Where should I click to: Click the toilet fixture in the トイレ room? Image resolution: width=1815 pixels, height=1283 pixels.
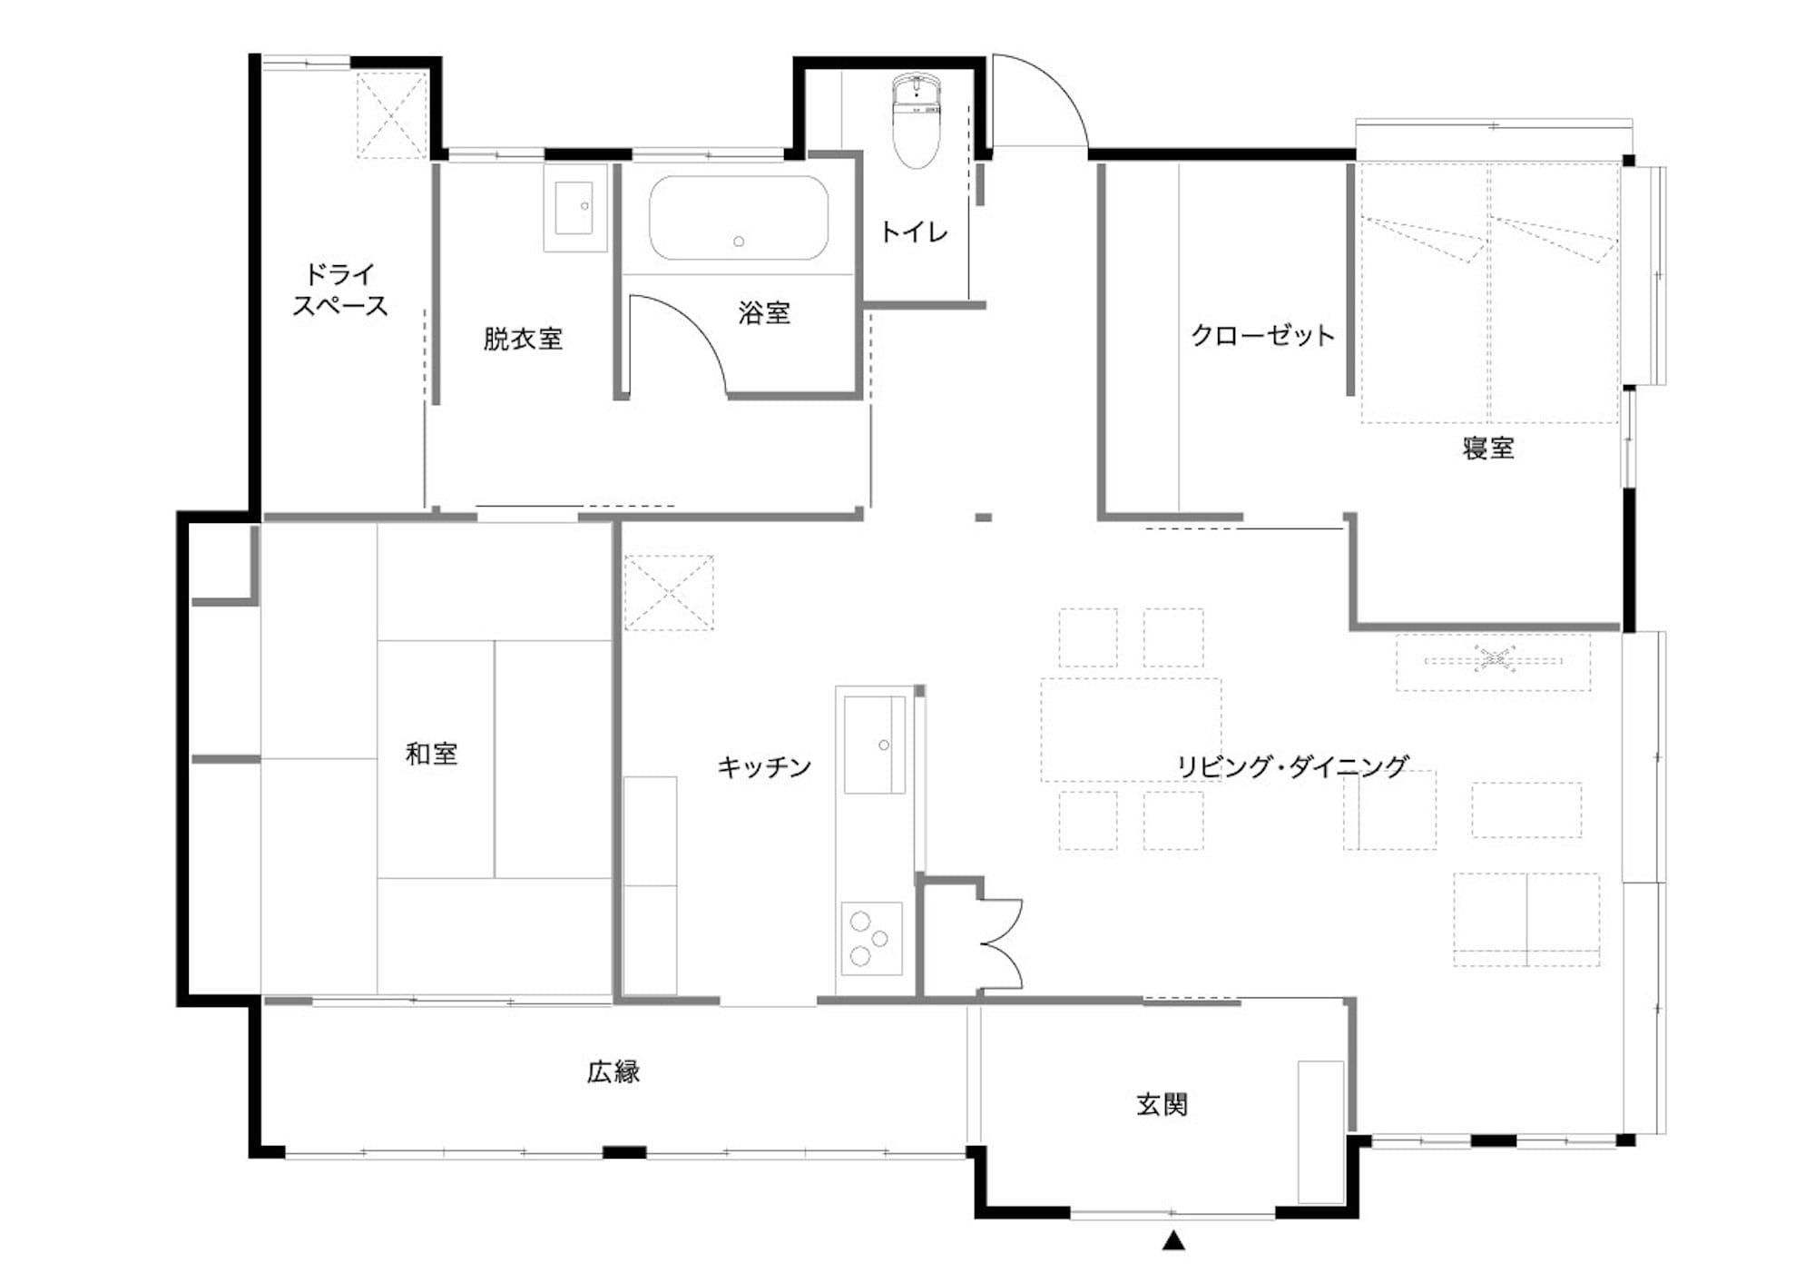917,121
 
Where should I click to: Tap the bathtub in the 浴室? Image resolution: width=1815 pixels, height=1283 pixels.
739,218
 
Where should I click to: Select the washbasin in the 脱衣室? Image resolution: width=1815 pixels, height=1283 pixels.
574,208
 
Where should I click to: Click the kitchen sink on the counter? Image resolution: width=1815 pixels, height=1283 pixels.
875,745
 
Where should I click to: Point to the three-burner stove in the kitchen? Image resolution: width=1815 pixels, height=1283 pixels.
871,938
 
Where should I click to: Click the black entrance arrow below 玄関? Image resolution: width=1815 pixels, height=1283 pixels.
1173,1239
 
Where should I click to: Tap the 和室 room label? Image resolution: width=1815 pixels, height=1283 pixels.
431,754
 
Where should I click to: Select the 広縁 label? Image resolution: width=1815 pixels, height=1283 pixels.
613,1071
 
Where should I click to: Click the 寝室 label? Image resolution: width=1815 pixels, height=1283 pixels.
1488,448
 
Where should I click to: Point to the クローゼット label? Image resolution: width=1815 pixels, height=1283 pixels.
1262,335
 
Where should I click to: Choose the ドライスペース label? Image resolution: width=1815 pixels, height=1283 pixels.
340,290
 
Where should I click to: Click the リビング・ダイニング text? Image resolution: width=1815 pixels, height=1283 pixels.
1292,766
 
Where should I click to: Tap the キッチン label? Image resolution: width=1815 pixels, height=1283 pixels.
764,767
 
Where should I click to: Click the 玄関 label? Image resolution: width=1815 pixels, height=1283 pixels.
1162,1104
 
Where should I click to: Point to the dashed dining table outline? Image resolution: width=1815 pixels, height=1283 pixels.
1131,730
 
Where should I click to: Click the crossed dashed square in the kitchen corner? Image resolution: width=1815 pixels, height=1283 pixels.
669,593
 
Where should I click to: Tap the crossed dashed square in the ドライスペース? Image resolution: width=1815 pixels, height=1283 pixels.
391,115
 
